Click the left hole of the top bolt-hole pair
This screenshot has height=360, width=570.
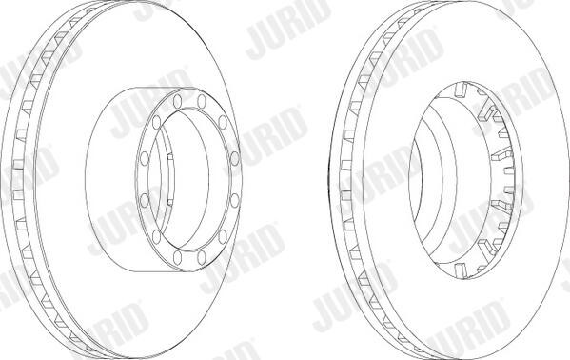177,101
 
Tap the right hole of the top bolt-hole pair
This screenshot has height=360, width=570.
202,101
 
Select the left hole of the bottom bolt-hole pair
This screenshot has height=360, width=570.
177,258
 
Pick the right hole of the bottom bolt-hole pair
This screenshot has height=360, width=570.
202,257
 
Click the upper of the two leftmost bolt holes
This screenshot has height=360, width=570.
145,159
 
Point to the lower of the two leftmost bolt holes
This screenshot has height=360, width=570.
145,201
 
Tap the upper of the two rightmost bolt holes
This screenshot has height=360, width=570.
235,158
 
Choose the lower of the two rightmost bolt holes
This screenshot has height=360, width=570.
235,201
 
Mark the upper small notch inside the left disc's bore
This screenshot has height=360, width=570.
169,157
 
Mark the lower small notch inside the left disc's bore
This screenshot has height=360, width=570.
169,203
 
